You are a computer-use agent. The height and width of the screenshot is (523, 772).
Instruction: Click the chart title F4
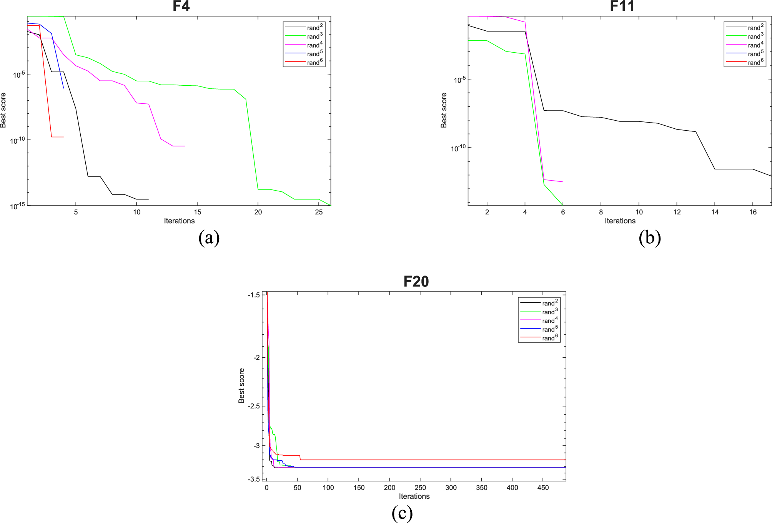pos(181,6)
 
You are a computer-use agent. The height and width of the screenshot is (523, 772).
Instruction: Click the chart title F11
pos(622,6)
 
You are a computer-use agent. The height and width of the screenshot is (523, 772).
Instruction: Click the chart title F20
pos(416,282)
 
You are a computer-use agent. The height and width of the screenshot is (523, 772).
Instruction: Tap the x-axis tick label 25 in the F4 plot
pos(319,212)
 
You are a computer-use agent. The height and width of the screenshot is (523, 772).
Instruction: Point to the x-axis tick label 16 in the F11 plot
pos(753,212)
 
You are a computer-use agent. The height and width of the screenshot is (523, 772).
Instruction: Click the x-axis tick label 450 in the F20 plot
pos(543,488)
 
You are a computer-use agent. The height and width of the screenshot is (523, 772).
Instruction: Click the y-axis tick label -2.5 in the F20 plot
pos(254,406)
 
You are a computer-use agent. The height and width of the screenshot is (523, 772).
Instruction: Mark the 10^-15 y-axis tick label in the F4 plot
pos(17,206)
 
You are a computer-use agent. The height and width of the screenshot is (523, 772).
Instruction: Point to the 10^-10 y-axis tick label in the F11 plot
pos(458,148)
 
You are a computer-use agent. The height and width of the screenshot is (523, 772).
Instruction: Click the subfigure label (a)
pos(209,238)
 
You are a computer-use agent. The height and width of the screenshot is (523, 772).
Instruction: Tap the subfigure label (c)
pos(402,513)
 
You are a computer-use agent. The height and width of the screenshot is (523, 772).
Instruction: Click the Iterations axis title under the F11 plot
pos(620,221)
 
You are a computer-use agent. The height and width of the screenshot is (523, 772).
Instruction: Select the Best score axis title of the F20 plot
pos(241,386)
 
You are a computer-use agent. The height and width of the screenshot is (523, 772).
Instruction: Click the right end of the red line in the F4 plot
pos(63,137)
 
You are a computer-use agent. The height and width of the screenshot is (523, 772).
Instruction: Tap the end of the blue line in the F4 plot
pos(63,88)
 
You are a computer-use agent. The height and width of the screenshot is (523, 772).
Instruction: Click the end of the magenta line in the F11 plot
pos(562,182)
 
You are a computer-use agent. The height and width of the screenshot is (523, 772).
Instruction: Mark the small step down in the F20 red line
pos(300,458)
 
